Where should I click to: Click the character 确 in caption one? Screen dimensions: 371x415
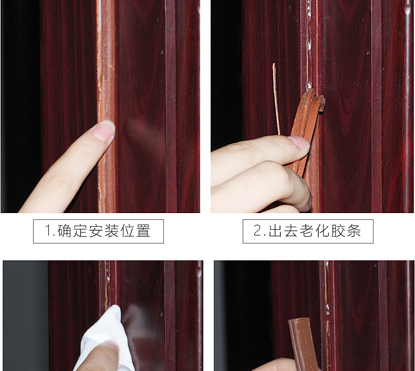pos(64,231)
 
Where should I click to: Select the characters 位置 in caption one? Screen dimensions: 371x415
pos(135,231)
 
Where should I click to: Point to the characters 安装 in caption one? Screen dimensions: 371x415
pos(104,231)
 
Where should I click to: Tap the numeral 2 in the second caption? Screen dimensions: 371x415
pos(257,231)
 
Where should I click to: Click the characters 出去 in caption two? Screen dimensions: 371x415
pos(283,231)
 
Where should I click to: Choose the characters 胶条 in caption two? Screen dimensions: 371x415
pos(346,231)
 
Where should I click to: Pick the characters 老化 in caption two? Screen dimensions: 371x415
pos(314,231)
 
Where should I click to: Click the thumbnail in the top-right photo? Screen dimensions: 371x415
pos(299,142)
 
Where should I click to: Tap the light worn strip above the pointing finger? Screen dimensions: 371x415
pos(106,63)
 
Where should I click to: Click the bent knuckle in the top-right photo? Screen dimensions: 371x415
pos(281,176)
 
